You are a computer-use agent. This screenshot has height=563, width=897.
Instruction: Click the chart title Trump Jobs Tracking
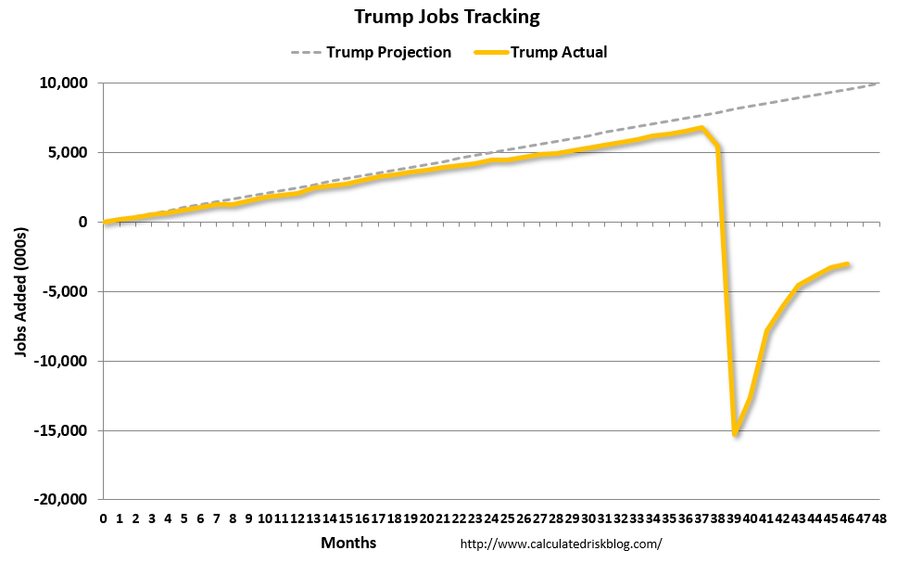pyautogui.click(x=447, y=17)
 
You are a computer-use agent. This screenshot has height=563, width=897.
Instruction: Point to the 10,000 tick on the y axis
pyautogui.click(x=62, y=83)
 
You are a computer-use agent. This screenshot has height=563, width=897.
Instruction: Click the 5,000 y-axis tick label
pyautogui.click(x=67, y=153)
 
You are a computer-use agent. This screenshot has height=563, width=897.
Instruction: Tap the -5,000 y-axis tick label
pyautogui.click(x=64, y=291)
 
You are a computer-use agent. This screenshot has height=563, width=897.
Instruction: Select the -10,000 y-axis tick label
pyautogui.click(x=60, y=361)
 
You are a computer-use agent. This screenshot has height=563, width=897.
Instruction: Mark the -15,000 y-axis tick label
pyautogui.click(x=60, y=430)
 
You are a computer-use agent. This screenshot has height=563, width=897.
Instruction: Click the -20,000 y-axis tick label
pyautogui.click(x=60, y=500)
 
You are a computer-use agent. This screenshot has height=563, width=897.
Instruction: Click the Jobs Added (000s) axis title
pyautogui.click(x=20, y=291)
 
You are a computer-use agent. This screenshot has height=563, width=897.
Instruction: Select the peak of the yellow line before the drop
pyautogui.click(x=701, y=128)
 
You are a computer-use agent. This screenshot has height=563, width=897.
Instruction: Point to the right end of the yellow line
pyautogui.click(x=847, y=264)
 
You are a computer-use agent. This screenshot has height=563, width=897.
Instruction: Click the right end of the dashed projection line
pyautogui.click(x=878, y=83)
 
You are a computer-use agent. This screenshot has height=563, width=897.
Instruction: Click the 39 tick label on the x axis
pyautogui.click(x=734, y=517)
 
